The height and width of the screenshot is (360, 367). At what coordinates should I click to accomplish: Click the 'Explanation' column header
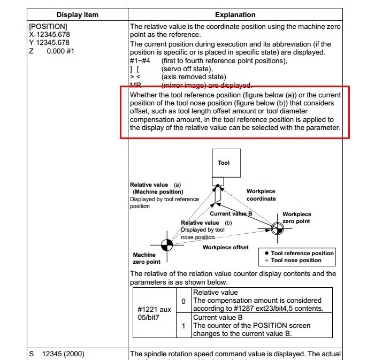click(x=235, y=14)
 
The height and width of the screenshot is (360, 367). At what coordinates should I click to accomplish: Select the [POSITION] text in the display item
click(x=48, y=26)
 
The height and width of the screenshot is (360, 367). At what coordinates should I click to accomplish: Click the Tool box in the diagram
click(x=224, y=163)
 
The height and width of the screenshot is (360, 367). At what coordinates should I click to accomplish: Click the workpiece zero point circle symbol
click(x=277, y=229)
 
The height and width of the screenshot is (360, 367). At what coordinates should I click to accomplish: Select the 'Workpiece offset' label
click(x=225, y=248)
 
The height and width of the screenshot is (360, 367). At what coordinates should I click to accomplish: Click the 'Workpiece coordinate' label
click(x=261, y=195)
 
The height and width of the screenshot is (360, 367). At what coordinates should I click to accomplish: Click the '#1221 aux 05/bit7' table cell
click(x=155, y=312)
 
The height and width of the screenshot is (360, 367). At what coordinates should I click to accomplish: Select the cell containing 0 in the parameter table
click(x=183, y=301)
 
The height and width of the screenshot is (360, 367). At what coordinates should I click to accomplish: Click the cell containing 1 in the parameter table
click(x=183, y=325)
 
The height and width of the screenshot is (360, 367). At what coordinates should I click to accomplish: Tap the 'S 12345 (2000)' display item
click(x=57, y=354)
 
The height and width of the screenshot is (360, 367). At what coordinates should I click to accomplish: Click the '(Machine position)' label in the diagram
click(x=158, y=192)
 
